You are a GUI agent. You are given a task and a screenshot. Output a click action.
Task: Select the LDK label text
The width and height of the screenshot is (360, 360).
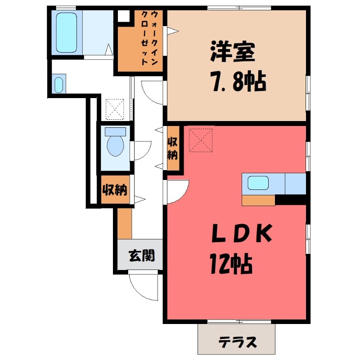point(242,235)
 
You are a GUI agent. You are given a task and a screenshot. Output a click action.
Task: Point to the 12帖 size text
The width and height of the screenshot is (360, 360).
point(230,264)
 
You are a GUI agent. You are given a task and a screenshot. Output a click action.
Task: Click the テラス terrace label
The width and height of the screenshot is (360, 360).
point(238,342)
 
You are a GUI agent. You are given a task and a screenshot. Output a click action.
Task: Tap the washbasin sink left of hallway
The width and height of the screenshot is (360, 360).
point(58,85)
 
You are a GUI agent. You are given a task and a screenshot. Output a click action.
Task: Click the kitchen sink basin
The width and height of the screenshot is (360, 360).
point(259,183)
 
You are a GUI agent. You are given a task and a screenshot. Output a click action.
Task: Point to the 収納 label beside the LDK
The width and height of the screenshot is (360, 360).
point(173,148)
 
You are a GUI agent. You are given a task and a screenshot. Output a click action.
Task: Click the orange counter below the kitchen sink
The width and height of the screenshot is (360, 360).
point(258,201)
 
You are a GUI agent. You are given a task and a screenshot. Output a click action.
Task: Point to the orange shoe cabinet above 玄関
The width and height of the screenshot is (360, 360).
point(125,223)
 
